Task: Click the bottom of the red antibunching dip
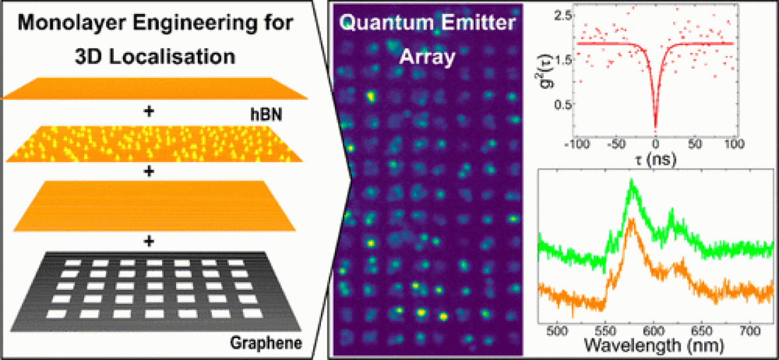655,128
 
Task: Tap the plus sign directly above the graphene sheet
148,241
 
